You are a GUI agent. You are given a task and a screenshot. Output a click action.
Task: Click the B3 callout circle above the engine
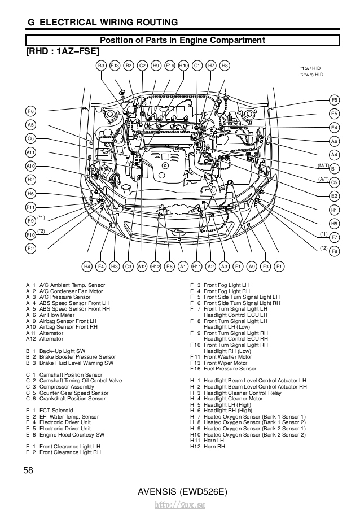[101, 66]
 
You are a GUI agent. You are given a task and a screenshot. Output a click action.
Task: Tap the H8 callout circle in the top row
[225, 66]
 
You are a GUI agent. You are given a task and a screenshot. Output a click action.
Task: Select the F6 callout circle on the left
[30, 111]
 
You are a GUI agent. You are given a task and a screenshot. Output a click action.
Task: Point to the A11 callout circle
[30, 152]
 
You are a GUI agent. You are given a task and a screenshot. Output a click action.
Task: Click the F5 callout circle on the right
[335, 101]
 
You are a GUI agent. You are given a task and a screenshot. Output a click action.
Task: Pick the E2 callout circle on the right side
[335, 196]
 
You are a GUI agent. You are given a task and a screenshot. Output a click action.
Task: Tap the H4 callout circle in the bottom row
[87, 266]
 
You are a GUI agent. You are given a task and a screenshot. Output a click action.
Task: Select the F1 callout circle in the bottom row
[279, 266]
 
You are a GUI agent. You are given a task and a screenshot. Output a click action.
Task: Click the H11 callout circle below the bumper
[197, 266]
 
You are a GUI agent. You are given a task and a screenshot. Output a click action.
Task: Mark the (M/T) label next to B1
[323, 165]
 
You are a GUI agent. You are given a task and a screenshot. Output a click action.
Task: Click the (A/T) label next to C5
[323, 179]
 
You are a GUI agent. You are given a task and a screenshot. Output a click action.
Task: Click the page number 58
[29, 470]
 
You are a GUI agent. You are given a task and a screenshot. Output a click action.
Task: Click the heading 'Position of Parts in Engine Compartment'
[182, 40]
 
